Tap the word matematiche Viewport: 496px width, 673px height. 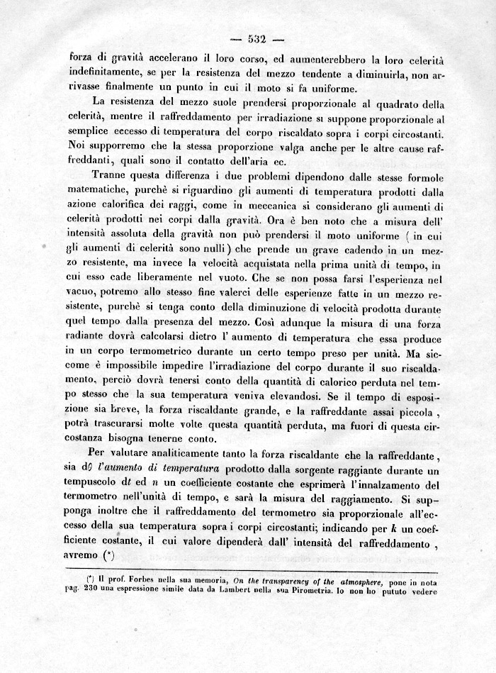click(x=101, y=191)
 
